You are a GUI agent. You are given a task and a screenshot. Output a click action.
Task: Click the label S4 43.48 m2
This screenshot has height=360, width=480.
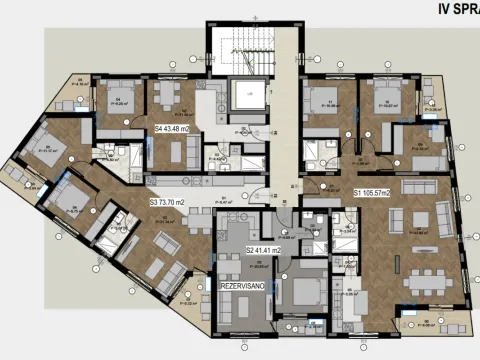coord(173,130)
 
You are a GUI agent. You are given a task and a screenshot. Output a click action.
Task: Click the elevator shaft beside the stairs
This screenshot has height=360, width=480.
coord(244,98)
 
